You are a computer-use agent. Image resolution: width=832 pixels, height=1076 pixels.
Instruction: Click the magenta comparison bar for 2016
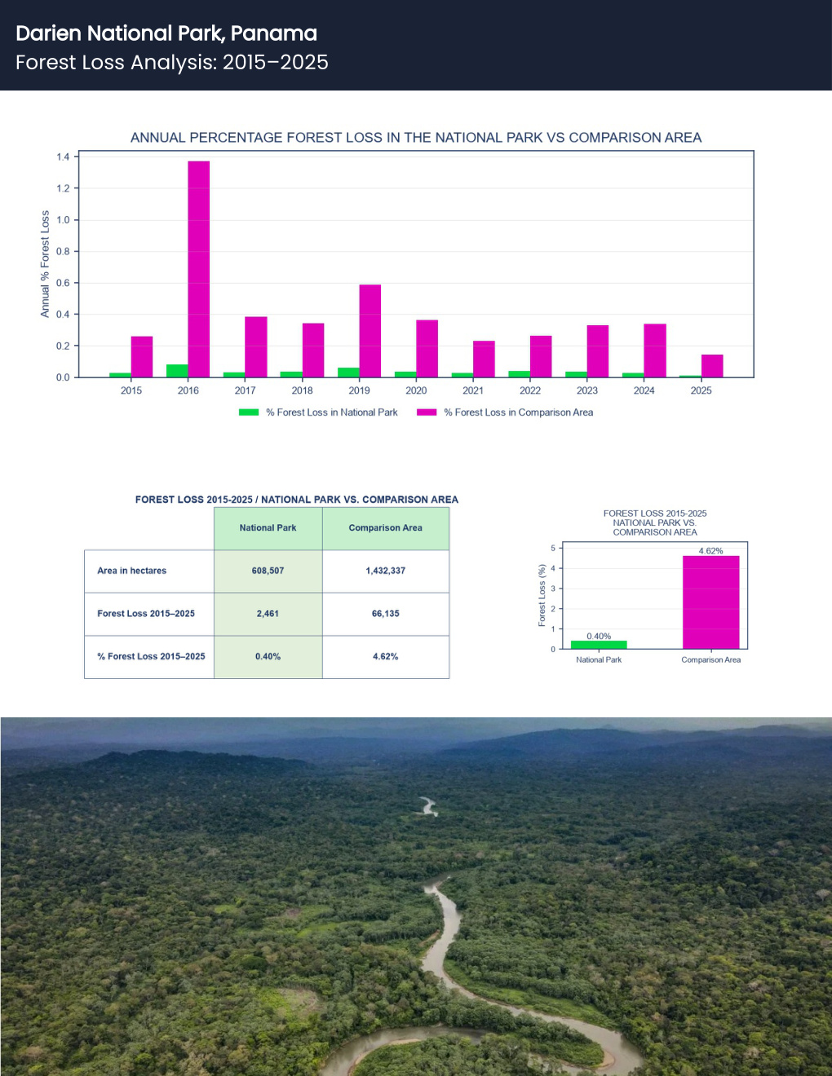click(x=199, y=269)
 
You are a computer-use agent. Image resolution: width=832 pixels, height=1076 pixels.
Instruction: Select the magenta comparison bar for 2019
click(x=370, y=331)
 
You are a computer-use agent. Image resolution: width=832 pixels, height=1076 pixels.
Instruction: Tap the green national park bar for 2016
click(x=177, y=371)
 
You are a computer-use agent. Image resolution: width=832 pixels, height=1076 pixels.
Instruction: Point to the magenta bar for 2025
click(x=712, y=366)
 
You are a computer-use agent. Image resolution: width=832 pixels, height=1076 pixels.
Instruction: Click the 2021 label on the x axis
click(x=473, y=390)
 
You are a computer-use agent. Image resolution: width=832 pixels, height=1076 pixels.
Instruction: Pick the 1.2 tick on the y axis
click(x=63, y=188)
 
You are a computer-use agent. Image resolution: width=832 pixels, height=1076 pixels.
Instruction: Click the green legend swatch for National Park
click(x=249, y=412)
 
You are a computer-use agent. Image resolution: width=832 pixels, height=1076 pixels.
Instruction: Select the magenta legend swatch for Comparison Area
click(x=427, y=412)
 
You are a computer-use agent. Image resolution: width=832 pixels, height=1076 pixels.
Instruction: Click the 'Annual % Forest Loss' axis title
click(x=45, y=264)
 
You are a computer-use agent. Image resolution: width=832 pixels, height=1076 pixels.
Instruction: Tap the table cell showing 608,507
click(x=268, y=571)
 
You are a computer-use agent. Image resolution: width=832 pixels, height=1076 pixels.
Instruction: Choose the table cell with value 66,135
click(x=386, y=614)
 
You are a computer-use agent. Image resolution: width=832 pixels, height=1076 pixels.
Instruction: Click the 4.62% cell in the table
click(x=386, y=656)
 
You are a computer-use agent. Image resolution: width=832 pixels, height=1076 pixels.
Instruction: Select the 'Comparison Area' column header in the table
click(x=386, y=528)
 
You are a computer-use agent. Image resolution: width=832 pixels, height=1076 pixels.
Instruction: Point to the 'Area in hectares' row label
click(x=132, y=571)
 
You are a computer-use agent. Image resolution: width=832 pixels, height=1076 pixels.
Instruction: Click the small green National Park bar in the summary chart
click(x=599, y=645)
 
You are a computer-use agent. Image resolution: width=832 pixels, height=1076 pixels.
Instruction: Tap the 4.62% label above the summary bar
click(x=710, y=550)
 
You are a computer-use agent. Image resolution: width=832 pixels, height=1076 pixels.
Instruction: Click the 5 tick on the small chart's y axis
click(x=553, y=548)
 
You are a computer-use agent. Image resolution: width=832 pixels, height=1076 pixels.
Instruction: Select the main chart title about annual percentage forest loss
click(x=416, y=137)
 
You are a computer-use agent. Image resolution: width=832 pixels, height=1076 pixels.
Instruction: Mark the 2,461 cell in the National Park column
click(x=268, y=614)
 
